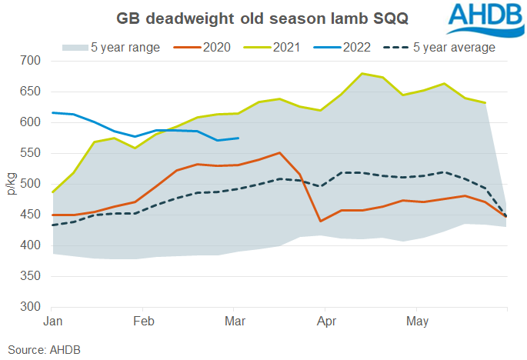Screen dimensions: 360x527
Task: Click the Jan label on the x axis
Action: (52, 319)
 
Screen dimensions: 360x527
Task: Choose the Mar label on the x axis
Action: (235, 319)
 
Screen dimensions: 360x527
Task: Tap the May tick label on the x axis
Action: (417, 319)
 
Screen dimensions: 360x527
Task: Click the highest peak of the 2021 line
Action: (362, 74)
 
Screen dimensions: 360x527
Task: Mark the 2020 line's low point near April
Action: (321, 221)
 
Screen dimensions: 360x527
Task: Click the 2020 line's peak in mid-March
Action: (279, 153)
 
